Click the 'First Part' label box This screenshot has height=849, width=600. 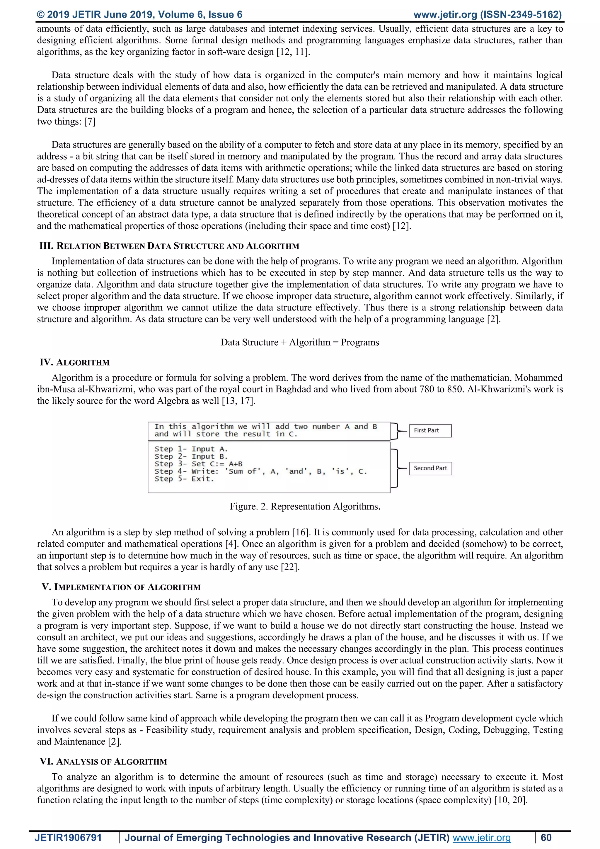pyautogui.click(x=430, y=430)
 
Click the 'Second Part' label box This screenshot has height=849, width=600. pyautogui.click(x=430, y=468)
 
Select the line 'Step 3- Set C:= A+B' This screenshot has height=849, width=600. pyautogui.click(x=198, y=464)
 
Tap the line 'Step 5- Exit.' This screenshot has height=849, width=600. pyautogui.click(x=184, y=479)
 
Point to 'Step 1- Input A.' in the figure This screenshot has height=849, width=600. pyautogui.click(x=191, y=449)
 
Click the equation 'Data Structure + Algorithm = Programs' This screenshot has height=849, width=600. pyautogui.click(x=300, y=342)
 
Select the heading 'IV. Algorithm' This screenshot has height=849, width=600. pyautogui.click(x=75, y=362)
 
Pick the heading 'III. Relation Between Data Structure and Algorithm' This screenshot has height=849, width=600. pyautogui.click(x=169, y=246)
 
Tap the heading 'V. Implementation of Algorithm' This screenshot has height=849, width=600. pyautogui.click(x=121, y=587)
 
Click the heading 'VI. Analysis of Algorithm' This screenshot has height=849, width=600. pyautogui.click(x=103, y=762)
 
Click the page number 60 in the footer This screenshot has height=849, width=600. pyautogui.click(x=546, y=838)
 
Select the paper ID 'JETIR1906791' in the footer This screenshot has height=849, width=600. pyautogui.click(x=68, y=838)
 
